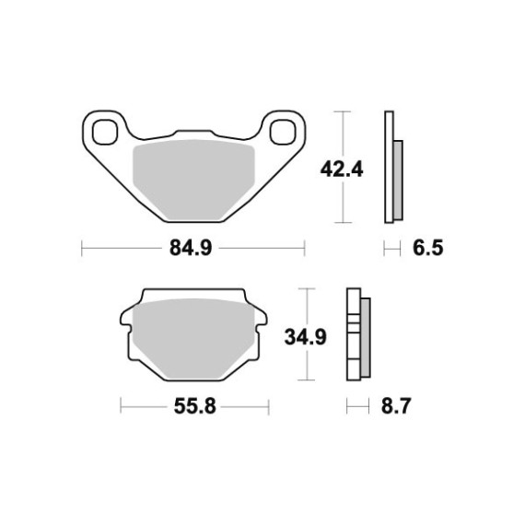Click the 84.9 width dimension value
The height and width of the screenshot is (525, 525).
click(191, 248)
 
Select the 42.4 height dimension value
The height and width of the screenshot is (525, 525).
click(342, 169)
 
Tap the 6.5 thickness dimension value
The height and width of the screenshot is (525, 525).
click(428, 248)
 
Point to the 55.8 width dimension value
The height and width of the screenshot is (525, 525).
click(195, 406)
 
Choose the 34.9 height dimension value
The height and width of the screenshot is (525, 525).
click(306, 337)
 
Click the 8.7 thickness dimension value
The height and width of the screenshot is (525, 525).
click(396, 406)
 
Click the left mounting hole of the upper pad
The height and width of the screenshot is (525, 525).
click(105, 132)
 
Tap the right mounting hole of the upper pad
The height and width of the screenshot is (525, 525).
click(283, 132)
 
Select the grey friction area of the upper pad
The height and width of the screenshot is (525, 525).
click(194, 179)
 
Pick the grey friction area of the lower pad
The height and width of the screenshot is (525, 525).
click(194, 338)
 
